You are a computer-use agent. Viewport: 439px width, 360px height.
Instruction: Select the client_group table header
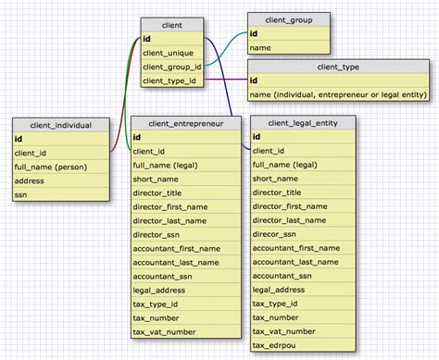[x=286, y=19]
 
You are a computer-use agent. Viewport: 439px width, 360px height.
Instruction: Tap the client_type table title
[x=338, y=67]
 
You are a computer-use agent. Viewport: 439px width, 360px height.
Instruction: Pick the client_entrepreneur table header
[x=185, y=122]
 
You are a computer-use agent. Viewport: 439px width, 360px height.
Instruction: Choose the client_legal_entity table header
[x=302, y=122]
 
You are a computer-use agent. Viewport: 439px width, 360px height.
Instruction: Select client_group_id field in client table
[x=172, y=67]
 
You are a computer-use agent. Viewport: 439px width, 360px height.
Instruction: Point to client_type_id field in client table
[x=170, y=81]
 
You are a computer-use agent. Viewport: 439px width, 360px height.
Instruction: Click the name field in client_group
[x=261, y=46]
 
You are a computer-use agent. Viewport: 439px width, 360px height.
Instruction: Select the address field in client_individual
[x=31, y=180]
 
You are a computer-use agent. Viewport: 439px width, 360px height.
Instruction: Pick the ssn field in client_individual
[x=22, y=194]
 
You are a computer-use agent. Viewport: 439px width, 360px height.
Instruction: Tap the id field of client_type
[x=254, y=81]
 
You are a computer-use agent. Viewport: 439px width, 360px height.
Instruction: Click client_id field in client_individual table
[x=32, y=152]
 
